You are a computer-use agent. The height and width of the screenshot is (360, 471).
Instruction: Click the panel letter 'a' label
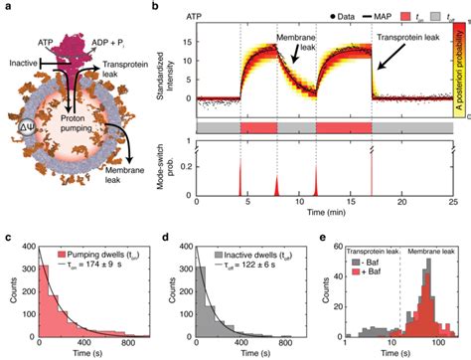point(5,7)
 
